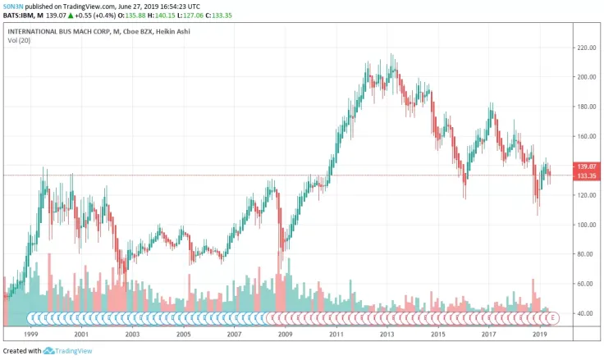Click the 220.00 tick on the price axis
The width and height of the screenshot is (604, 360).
584,48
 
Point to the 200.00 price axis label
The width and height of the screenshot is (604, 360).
584,77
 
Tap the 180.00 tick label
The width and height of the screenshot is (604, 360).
584,107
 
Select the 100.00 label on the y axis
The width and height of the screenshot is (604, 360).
584,225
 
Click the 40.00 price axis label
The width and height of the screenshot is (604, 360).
584,313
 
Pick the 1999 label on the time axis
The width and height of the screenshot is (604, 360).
32,335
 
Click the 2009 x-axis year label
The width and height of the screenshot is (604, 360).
285,335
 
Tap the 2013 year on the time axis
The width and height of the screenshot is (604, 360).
387,335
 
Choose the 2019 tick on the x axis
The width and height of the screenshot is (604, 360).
540,335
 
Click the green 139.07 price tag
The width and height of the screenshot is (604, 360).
585,166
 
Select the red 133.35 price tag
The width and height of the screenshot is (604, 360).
585,175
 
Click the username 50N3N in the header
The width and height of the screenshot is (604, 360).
13,6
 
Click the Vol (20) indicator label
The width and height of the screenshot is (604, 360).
20,40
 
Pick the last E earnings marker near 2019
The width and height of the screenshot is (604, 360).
553,317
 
